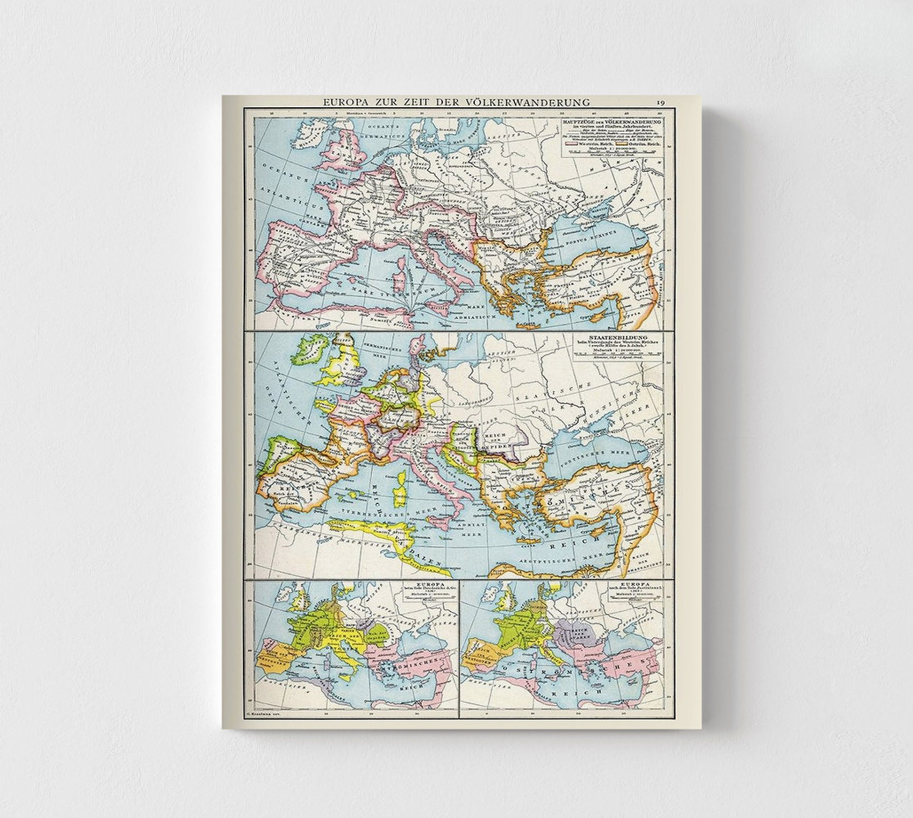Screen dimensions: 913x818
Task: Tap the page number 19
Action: pyautogui.click(x=660, y=102)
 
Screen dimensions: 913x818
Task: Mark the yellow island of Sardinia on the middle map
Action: pyautogui.click(x=401, y=495)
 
